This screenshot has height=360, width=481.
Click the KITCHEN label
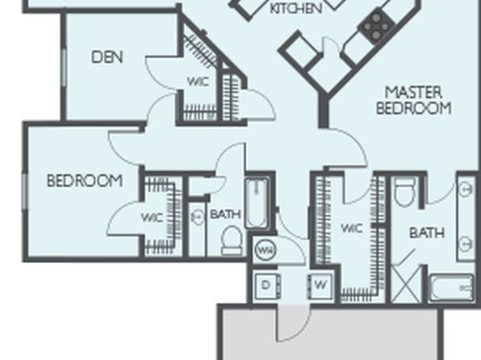[296, 8]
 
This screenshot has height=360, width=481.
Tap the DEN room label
[107, 57]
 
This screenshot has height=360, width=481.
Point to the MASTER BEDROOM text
[414, 100]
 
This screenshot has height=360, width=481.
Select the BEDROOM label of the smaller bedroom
[85, 181]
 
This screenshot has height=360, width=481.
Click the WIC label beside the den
[199, 82]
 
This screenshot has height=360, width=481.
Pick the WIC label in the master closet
[352, 228]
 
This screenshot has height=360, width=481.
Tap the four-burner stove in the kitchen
[376, 26]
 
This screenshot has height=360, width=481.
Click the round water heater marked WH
[266, 250]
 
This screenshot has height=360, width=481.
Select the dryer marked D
[266, 286]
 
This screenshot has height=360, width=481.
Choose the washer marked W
[320, 286]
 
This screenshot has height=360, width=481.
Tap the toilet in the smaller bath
[232, 241]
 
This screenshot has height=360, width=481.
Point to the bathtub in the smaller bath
[257, 203]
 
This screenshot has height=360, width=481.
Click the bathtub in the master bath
[450, 287]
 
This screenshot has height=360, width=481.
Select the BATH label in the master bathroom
[427, 233]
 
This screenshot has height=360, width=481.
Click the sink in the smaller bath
[197, 216]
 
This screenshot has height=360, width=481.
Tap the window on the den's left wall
[64, 67]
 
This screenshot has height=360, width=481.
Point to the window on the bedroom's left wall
[24, 192]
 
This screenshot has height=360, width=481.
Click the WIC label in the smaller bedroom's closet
[153, 218]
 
